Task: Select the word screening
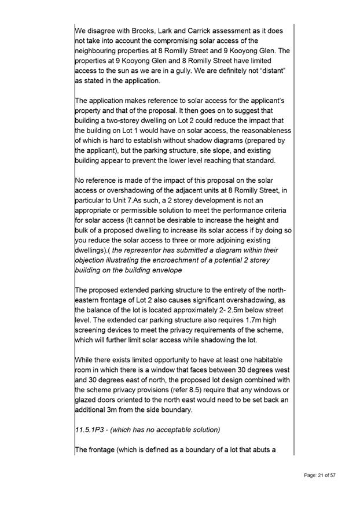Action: (96, 331)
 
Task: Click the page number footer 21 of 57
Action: (320, 475)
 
